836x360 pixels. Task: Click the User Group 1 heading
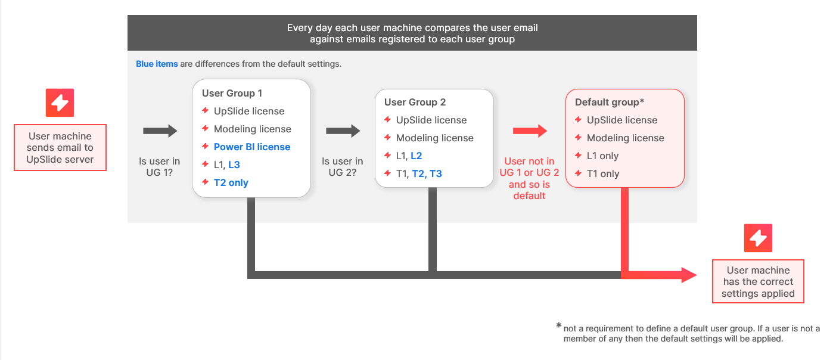[232, 93]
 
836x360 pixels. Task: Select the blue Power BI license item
[252, 147]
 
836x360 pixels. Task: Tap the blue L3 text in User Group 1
[234, 165]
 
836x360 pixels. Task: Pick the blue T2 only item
[231, 182]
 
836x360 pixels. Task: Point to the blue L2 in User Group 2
[417, 156]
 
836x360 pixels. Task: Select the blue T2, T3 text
[427, 173]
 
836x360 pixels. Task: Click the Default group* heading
[610, 102]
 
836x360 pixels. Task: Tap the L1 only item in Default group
[603, 156]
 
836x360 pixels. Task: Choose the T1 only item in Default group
[603, 173]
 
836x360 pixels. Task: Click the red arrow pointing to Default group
[530, 131]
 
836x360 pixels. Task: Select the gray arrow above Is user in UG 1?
[160, 131]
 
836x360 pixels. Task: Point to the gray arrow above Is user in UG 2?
[343, 131]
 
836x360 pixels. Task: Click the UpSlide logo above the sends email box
[60, 103]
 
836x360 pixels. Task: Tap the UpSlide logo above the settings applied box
[758, 238]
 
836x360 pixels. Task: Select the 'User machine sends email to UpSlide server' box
[60, 147]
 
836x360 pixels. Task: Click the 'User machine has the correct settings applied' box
[758, 281]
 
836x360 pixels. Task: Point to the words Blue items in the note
[157, 64]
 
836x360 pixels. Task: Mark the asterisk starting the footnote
[559, 325]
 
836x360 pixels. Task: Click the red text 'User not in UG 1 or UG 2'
[529, 167]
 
